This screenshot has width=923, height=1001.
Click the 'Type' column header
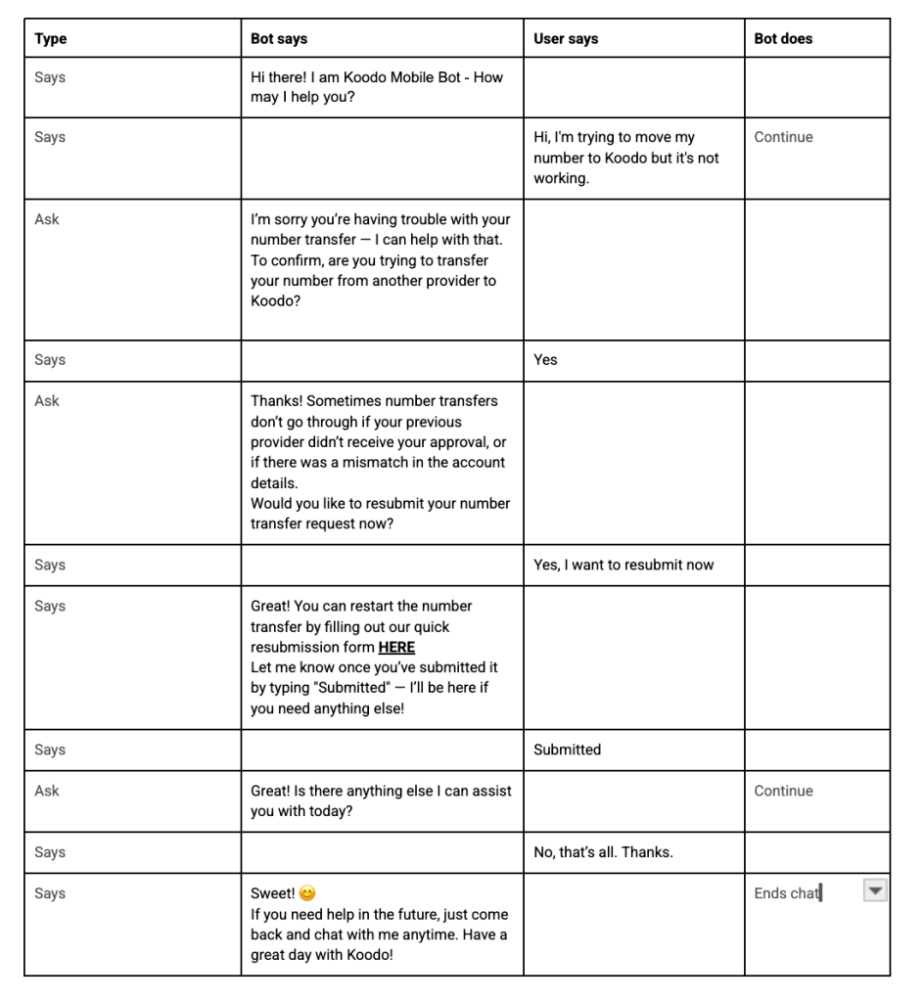coord(51,39)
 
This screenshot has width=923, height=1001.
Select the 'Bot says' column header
coord(279,39)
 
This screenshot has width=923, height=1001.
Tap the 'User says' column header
coord(566,39)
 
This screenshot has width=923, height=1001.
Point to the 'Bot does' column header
coord(783,39)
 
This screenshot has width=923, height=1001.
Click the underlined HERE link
coord(396,648)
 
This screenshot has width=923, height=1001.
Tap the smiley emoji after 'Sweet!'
coord(307,893)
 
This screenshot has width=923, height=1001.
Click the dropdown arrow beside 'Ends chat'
coord(876,890)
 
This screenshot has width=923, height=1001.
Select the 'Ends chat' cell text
coord(786,893)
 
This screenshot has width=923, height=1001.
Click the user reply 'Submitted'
coord(567,750)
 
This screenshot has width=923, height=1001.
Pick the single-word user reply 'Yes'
coord(545,360)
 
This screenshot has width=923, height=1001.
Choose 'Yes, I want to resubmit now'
coord(623,565)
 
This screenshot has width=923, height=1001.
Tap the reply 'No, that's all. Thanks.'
coord(603,852)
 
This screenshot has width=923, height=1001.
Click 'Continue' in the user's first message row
coord(783,137)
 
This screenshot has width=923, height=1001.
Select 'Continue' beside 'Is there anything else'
coord(783,791)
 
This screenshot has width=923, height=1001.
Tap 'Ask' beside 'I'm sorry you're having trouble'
coord(47,219)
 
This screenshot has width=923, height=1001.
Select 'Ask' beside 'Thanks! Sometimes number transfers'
coord(47,401)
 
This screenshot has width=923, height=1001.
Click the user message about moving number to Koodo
coord(626,158)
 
